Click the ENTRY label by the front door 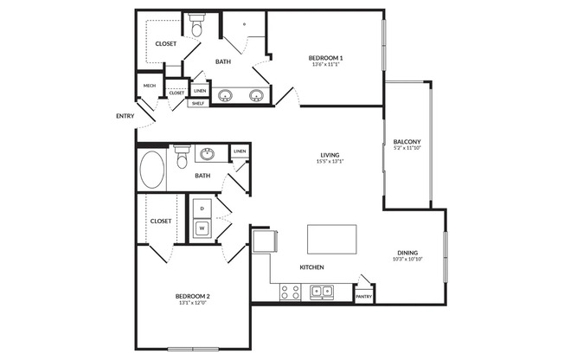(125, 116)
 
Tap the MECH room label (150, 86)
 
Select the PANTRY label (363, 297)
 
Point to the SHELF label (198, 103)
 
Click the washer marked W (202, 228)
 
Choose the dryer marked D (202, 209)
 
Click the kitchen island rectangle (332, 240)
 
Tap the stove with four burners (291, 292)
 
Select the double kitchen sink (322, 291)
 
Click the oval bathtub (151, 170)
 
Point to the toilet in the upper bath (196, 25)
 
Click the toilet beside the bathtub (182, 157)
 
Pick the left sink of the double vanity (225, 95)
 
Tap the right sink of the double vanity (256, 95)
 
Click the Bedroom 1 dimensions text (325, 64)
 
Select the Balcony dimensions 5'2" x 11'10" (407, 148)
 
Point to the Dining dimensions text (407, 259)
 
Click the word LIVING (330, 155)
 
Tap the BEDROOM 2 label (192, 296)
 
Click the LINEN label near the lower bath (240, 151)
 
